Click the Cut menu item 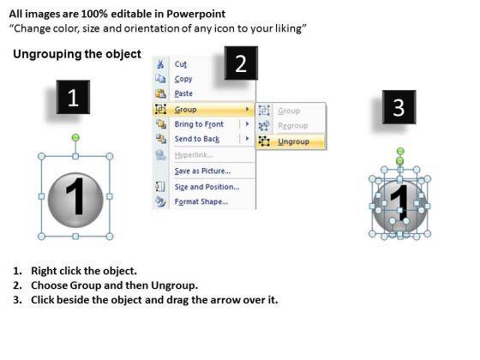(x=180, y=64)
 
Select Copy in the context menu (x=183, y=79)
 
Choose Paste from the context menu (x=183, y=93)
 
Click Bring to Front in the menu (x=199, y=124)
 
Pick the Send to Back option (x=197, y=139)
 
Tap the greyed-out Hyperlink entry (x=194, y=155)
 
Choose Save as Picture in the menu (x=202, y=171)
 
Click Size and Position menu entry (x=207, y=187)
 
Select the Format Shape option (x=201, y=201)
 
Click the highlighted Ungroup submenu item (x=293, y=141)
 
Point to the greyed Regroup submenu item (x=292, y=125)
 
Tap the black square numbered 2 (x=241, y=63)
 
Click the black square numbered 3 (x=399, y=107)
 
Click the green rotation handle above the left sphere (x=75, y=138)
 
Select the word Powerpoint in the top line (x=196, y=14)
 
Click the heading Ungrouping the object (x=77, y=54)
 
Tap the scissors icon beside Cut (x=160, y=64)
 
